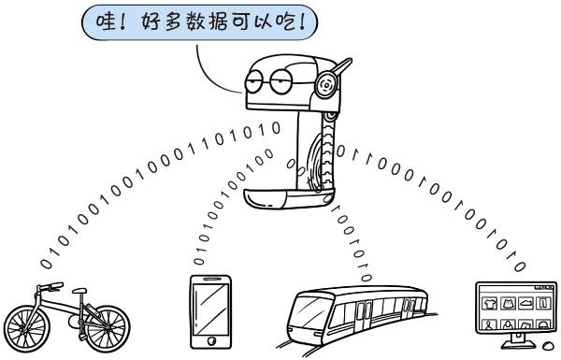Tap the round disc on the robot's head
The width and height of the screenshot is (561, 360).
326,84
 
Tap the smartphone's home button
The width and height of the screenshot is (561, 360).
210,341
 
